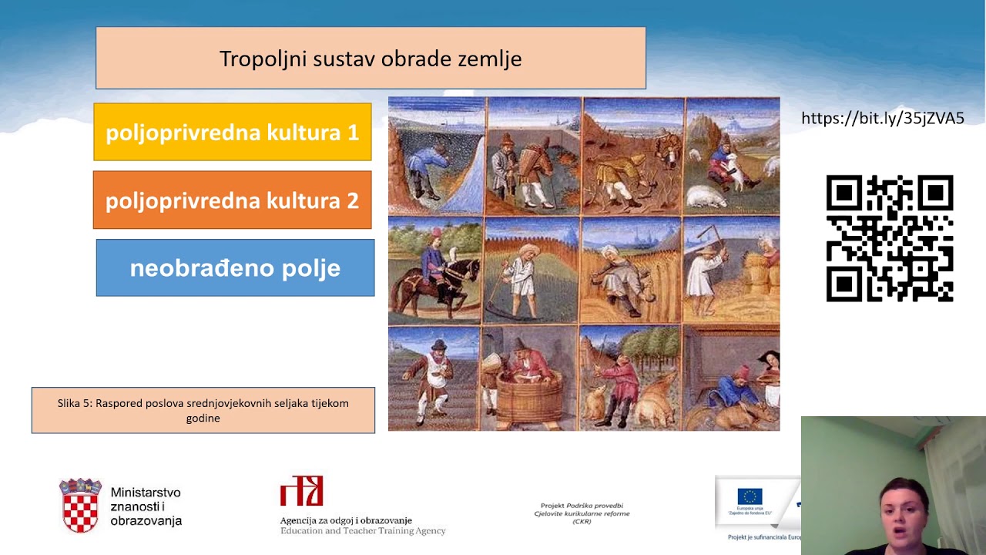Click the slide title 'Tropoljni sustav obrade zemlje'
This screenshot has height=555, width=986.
pos(371,59)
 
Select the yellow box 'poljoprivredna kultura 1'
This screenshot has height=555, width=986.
pos(232,132)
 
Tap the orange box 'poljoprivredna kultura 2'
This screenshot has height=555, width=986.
pos(232,200)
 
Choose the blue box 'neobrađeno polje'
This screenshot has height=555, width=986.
pos(235,267)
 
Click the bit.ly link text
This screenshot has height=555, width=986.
pos(882,118)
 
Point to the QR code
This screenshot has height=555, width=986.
pos(890,238)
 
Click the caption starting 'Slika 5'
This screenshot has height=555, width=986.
pos(203,410)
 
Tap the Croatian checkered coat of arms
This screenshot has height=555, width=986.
pos(80,506)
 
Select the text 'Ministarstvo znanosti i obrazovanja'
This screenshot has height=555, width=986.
pos(146,506)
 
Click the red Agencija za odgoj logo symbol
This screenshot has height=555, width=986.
pos(301,491)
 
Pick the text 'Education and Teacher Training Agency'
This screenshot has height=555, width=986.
pos(363,530)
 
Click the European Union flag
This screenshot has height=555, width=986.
pos(750,496)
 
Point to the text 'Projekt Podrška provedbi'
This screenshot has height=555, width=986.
pos(582,506)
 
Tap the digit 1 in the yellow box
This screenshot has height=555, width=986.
pos(353,133)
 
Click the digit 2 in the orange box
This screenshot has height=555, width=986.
pos(352,200)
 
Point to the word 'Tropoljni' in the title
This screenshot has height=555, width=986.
pos(263,59)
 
